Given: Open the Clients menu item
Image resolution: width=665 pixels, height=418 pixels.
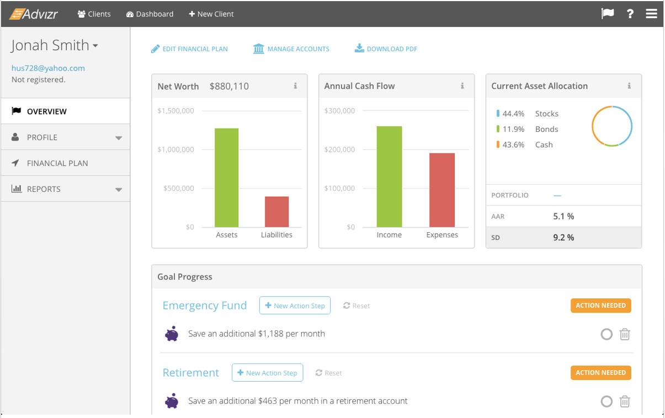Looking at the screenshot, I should (x=94, y=14).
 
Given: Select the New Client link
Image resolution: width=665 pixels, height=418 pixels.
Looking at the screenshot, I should (x=211, y=14).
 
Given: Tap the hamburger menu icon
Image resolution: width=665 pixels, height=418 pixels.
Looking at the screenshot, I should (x=651, y=14).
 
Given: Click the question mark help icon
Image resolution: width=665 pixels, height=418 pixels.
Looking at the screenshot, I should (x=630, y=14).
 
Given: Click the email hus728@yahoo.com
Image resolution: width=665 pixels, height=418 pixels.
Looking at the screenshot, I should (x=48, y=68).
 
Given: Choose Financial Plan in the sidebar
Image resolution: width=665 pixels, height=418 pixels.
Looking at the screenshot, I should (x=57, y=163).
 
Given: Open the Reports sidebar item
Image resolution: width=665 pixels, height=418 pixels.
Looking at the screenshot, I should (x=44, y=189).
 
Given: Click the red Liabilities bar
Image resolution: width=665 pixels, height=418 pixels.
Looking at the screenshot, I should (x=276, y=212).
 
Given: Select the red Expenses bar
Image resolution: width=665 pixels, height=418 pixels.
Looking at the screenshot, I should (x=442, y=190).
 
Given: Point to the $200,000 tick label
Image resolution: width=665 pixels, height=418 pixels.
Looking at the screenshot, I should (x=339, y=149).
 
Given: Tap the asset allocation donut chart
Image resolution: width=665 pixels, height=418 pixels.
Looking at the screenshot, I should (x=612, y=126).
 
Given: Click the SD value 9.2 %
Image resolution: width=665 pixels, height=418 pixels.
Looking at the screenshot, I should (x=563, y=238).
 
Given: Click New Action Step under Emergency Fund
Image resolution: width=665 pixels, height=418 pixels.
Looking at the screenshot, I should (x=295, y=306).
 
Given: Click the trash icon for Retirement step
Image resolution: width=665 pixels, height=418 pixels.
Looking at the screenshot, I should (x=625, y=401).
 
